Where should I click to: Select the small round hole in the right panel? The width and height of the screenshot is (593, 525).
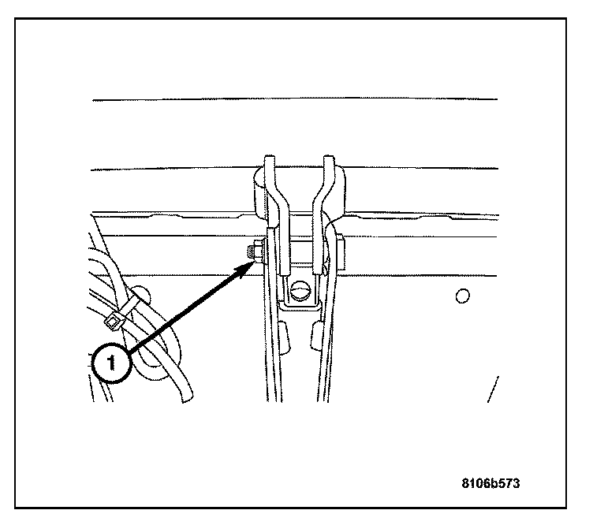[x=464, y=296]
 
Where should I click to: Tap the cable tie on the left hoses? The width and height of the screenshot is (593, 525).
[x=113, y=318]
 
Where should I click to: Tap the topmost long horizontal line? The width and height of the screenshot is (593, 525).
[x=295, y=99]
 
